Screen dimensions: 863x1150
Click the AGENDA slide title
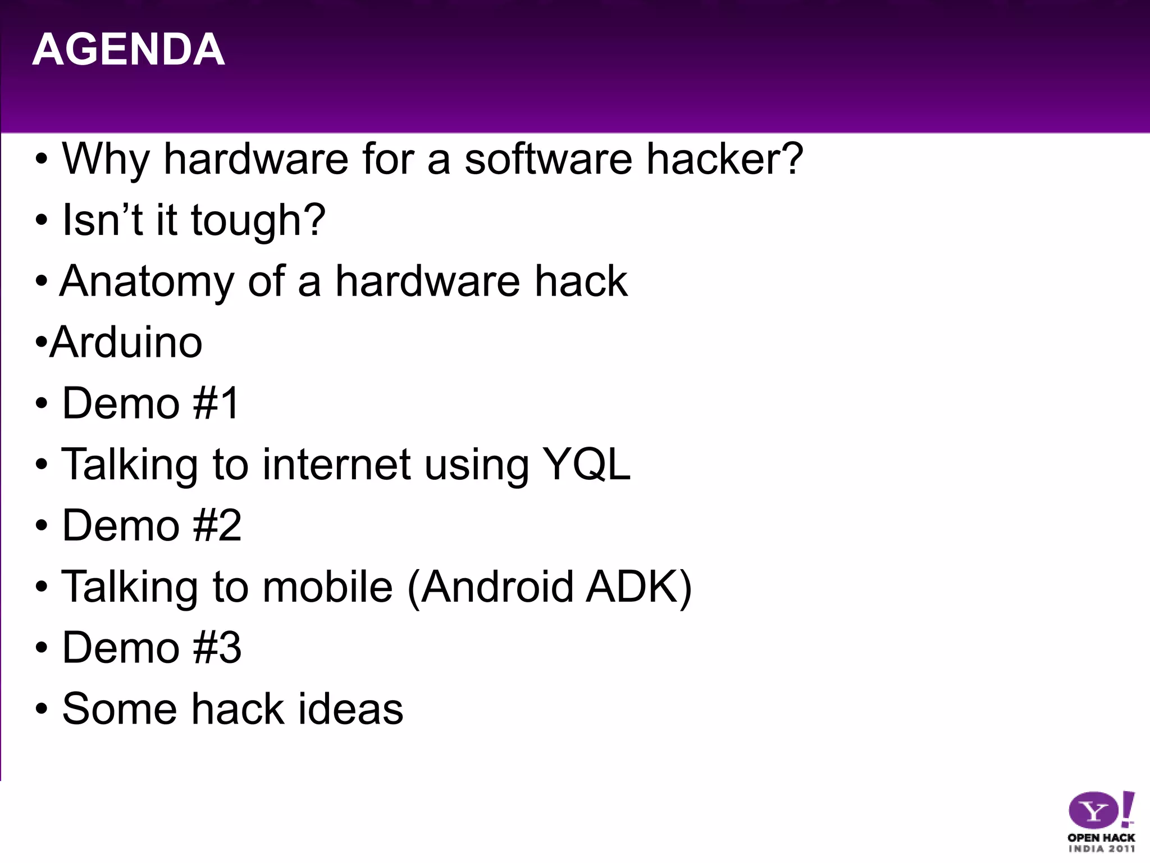129,49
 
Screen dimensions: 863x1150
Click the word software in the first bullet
548,159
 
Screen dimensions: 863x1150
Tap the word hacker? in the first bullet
725,159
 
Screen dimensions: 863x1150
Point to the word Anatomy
147,281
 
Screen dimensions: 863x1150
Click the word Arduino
126,342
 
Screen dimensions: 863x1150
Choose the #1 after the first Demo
216,403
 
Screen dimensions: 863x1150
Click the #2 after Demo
217,525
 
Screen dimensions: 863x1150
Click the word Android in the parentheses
497,587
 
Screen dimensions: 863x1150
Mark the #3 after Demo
217,648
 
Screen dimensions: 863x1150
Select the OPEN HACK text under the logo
1101,838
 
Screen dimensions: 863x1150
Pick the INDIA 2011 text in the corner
1101,849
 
